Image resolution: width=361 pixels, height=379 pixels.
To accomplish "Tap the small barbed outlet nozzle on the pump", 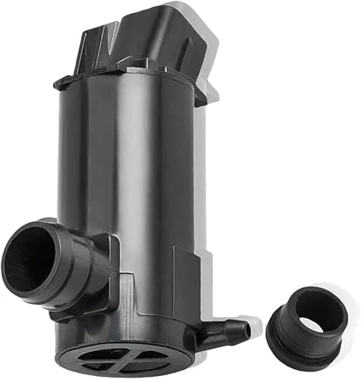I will tap(228, 331).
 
